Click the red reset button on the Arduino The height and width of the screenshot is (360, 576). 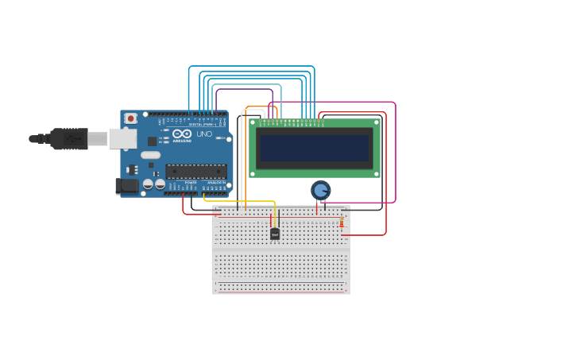point(130,118)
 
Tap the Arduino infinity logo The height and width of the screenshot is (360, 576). point(182,134)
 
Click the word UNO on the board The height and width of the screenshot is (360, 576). point(204,134)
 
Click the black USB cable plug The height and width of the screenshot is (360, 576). point(70,139)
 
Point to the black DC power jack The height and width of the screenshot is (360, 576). point(126,187)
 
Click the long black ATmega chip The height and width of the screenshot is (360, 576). point(195,171)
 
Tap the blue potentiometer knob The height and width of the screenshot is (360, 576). point(320,190)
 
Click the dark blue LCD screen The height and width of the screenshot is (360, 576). point(315,148)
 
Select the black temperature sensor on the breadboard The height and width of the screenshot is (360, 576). point(275,234)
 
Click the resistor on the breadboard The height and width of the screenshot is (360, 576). point(342,223)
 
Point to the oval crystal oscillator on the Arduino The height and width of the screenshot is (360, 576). point(151,155)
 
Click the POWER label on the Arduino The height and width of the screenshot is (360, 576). point(191,183)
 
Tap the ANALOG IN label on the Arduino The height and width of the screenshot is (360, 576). point(215,183)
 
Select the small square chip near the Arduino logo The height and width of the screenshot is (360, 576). point(152,141)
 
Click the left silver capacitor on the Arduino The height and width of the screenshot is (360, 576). point(148,184)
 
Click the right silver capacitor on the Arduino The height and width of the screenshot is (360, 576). point(160,184)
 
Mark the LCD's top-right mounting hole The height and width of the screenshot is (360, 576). point(377,122)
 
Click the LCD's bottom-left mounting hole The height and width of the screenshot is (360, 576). point(253,173)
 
